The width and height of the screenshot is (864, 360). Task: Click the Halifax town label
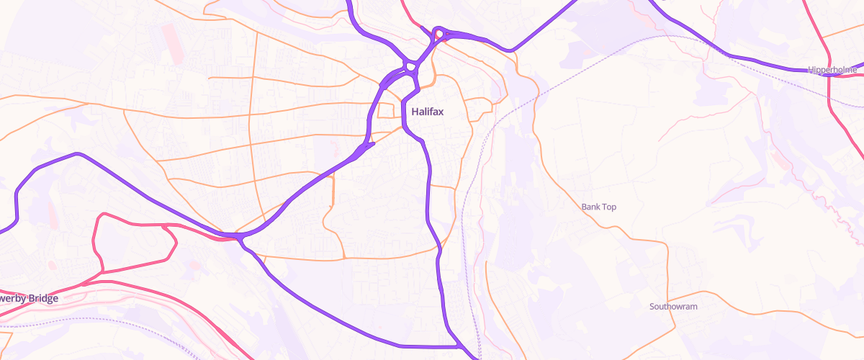click(427, 112)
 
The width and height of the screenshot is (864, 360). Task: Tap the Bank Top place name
click(599, 207)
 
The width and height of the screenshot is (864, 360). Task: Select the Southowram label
click(673, 307)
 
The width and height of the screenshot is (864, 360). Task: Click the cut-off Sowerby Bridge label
click(29, 298)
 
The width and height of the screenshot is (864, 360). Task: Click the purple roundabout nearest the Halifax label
click(411, 68)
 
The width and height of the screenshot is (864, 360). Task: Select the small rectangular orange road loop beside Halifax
click(387, 110)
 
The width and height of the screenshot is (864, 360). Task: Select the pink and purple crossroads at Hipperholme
click(829, 71)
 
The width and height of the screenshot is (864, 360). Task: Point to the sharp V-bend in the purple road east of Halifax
click(510, 50)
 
